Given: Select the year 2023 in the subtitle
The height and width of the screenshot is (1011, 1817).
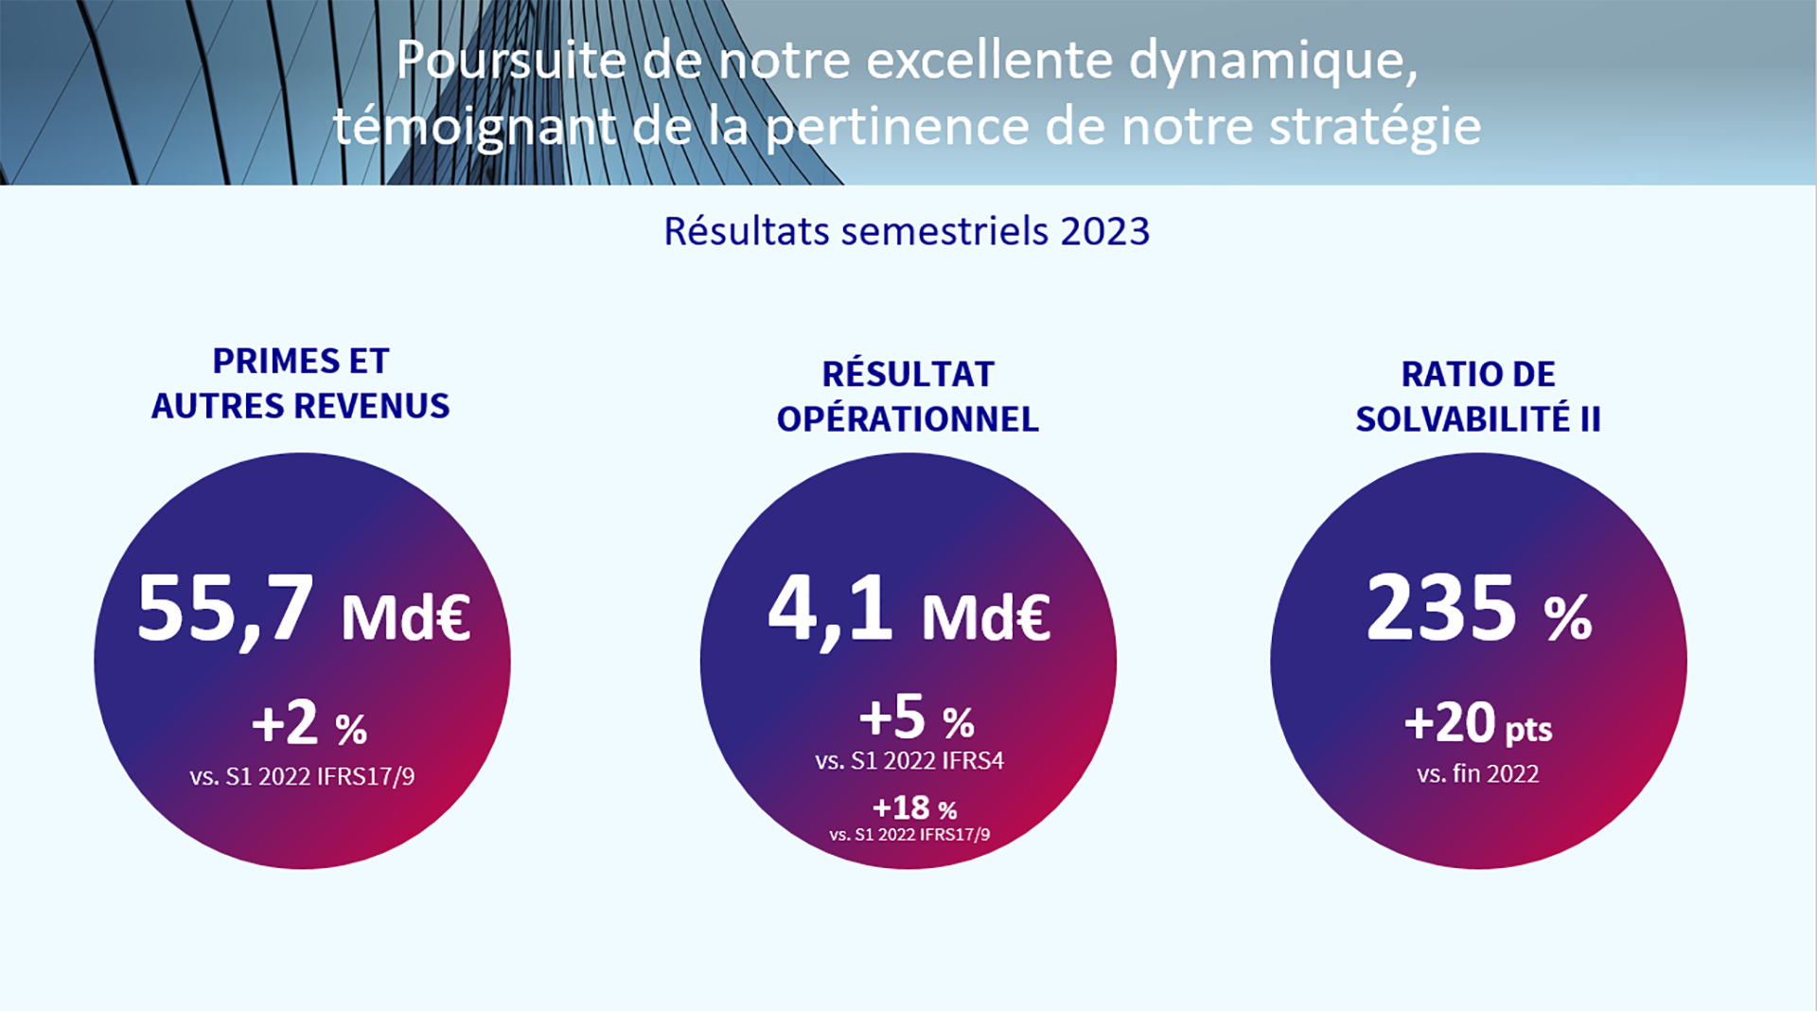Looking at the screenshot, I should click(x=1104, y=232).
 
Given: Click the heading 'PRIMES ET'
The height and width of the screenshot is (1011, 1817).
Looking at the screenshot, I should click(x=300, y=362).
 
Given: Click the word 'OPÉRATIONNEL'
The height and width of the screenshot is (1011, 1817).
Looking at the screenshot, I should click(x=908, y=419).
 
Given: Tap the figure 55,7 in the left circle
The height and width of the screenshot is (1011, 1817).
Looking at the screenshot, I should click(x=225, y=609).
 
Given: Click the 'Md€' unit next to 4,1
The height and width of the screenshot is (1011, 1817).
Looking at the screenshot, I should click(x=985, y=618).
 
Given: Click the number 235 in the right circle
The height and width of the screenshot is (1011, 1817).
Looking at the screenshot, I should click(x=1441, y=609).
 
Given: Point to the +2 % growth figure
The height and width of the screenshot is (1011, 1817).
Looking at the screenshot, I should click(x=309, y=725).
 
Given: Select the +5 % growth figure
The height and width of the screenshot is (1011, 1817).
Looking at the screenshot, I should click(x=916, y=718).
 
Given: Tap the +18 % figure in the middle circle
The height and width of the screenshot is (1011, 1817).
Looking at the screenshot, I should click(x=914, y=808).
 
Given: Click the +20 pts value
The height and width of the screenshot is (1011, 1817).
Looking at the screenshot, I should click(x=1477, y=725).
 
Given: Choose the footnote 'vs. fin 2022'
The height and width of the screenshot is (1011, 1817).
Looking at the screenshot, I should click(x=1477, y=774).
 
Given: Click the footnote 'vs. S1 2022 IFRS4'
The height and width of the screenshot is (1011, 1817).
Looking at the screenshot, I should click(x=908, y=761).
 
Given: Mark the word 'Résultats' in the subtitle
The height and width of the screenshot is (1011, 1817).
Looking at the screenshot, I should click(x=747, y=232).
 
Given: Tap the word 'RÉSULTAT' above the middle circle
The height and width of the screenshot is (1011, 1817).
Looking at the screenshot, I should click(x=908, y=375).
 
